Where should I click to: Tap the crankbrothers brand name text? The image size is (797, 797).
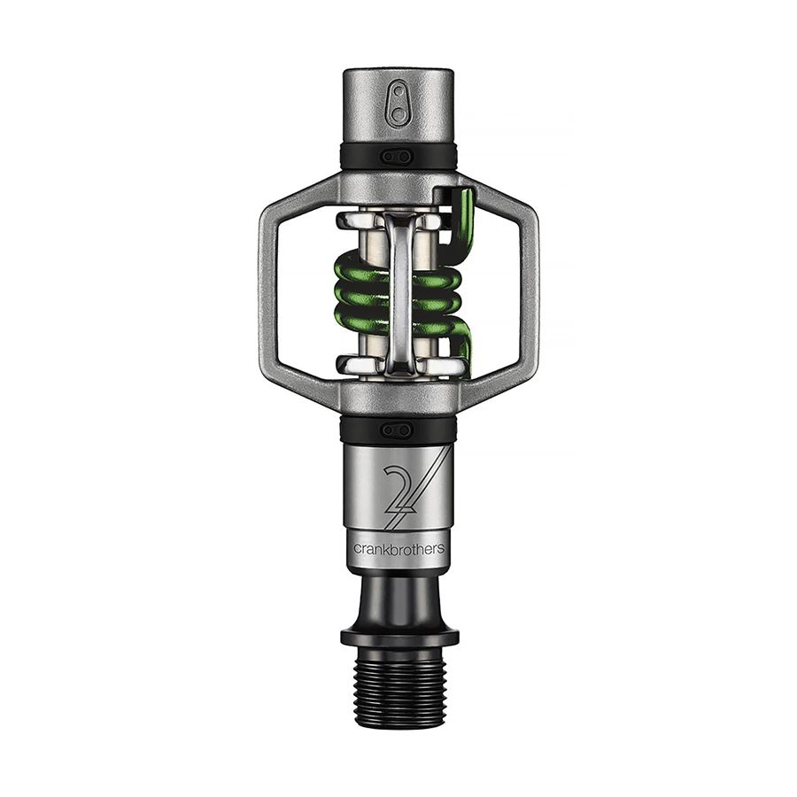click(398, 548)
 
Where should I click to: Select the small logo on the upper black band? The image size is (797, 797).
click(398, 156)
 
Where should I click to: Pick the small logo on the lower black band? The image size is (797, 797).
click(398, 429)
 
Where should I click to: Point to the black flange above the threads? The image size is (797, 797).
click(399, 636)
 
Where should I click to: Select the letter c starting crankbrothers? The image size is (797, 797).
click(357, 549)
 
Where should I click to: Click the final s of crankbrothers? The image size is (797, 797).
click(441, 549)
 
